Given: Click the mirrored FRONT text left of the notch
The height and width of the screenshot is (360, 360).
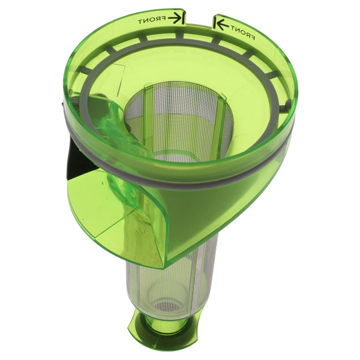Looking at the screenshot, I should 151,20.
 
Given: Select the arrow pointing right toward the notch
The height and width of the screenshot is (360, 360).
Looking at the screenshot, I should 176,18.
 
